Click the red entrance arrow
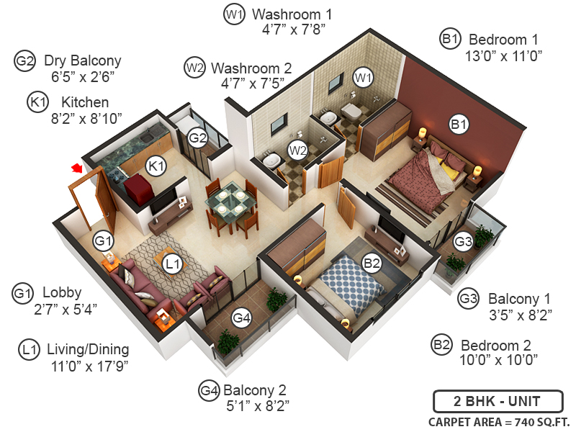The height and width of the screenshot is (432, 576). coord(75,168)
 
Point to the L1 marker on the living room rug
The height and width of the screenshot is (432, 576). coord(171,264)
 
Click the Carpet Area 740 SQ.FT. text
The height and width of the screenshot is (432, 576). coord(497,421)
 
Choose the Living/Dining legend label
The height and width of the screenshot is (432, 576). coord(88,350)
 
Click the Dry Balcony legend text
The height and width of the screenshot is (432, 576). coord(82,60)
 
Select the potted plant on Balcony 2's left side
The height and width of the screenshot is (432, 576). coord(229,341)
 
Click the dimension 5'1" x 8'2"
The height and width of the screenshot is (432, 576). coord(256,406)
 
